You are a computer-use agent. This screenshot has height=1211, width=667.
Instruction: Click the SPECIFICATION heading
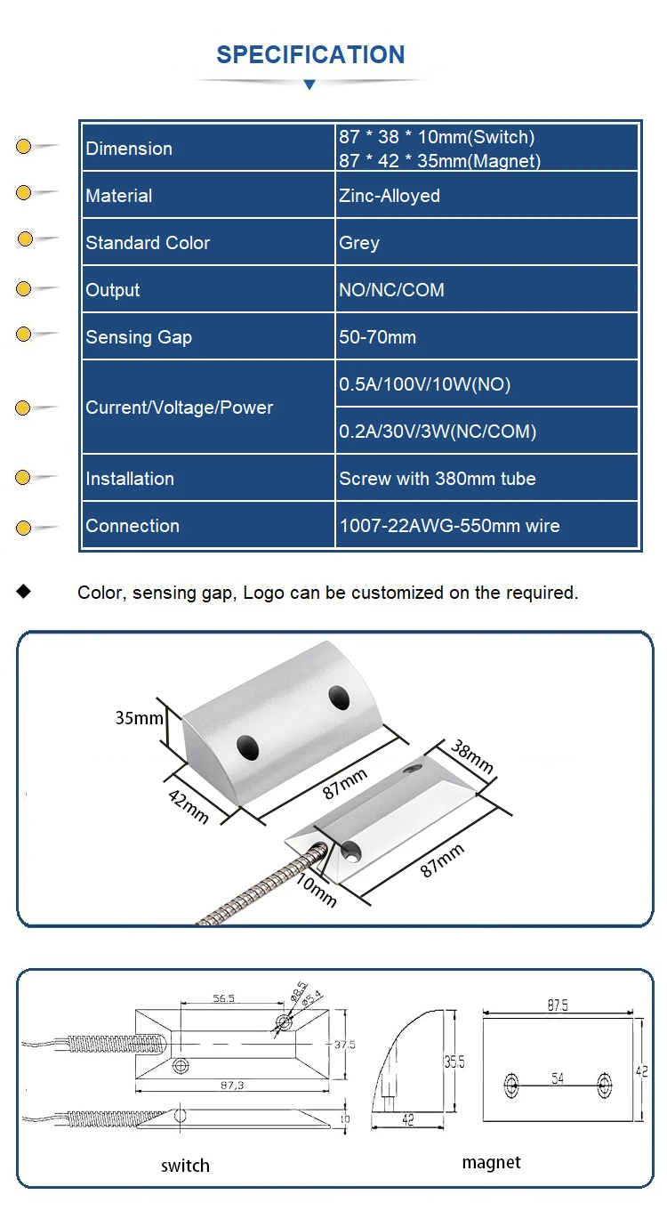click(x=310, y=55)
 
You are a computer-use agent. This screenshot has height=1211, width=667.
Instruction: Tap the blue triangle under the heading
click(x=309, y=85)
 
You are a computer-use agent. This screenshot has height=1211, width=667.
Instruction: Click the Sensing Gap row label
click(x=139, y=337)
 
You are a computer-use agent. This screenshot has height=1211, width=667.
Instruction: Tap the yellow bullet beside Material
click(x=24, y=193)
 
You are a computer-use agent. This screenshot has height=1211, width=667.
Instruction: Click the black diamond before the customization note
click(x=24, y=592)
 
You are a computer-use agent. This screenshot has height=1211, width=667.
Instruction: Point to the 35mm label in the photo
click(x=140, y=717)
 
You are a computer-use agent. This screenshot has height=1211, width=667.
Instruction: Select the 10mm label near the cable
click(x=317, y=891)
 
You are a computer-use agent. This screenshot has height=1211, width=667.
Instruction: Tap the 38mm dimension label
click(x=471, y=756)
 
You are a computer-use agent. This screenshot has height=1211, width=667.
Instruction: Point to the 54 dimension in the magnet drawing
click(x=558, y=1078)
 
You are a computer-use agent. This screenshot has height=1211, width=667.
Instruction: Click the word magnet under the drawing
click(x=491, y=1162)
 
